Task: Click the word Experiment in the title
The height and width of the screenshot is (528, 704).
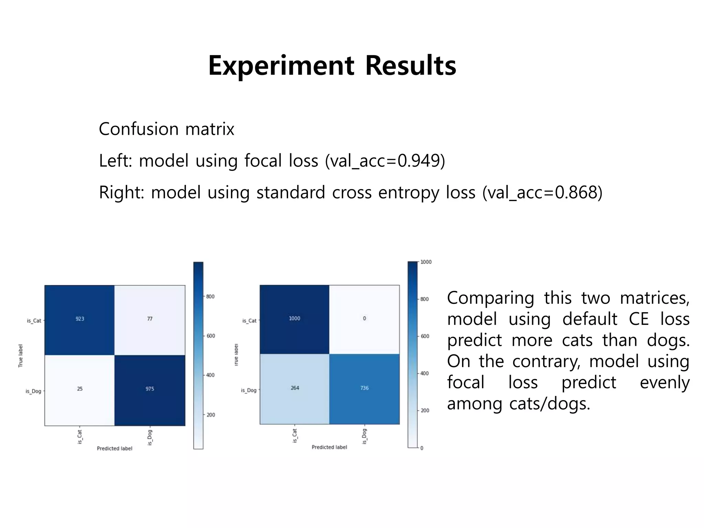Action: (281, 66)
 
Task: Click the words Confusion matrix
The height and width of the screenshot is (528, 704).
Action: (166, 129)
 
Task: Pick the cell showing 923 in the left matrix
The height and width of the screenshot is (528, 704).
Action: (80, 319)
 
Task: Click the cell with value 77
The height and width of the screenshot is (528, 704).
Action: (150, 319)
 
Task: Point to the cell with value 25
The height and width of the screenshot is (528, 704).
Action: (80, 389)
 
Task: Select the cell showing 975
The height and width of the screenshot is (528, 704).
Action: (150, 389)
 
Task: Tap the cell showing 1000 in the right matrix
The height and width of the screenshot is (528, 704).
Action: (294, 319)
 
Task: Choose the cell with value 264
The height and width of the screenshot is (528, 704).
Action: (295, 388)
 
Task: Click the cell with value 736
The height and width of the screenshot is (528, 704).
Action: (364, 388)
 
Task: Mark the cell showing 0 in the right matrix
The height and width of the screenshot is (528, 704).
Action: (364, 319)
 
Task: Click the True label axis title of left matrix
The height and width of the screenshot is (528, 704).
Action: (21, 356)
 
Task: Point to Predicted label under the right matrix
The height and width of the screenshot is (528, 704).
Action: (329, 447)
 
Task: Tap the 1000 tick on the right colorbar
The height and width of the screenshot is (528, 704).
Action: (426, 262)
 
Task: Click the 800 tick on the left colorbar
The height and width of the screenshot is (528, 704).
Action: (210, 297)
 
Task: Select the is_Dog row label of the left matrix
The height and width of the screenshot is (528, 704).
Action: (33, 391)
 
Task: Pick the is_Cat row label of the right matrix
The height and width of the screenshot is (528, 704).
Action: (249, 321)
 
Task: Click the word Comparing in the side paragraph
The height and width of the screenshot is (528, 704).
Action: (490, 298)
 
